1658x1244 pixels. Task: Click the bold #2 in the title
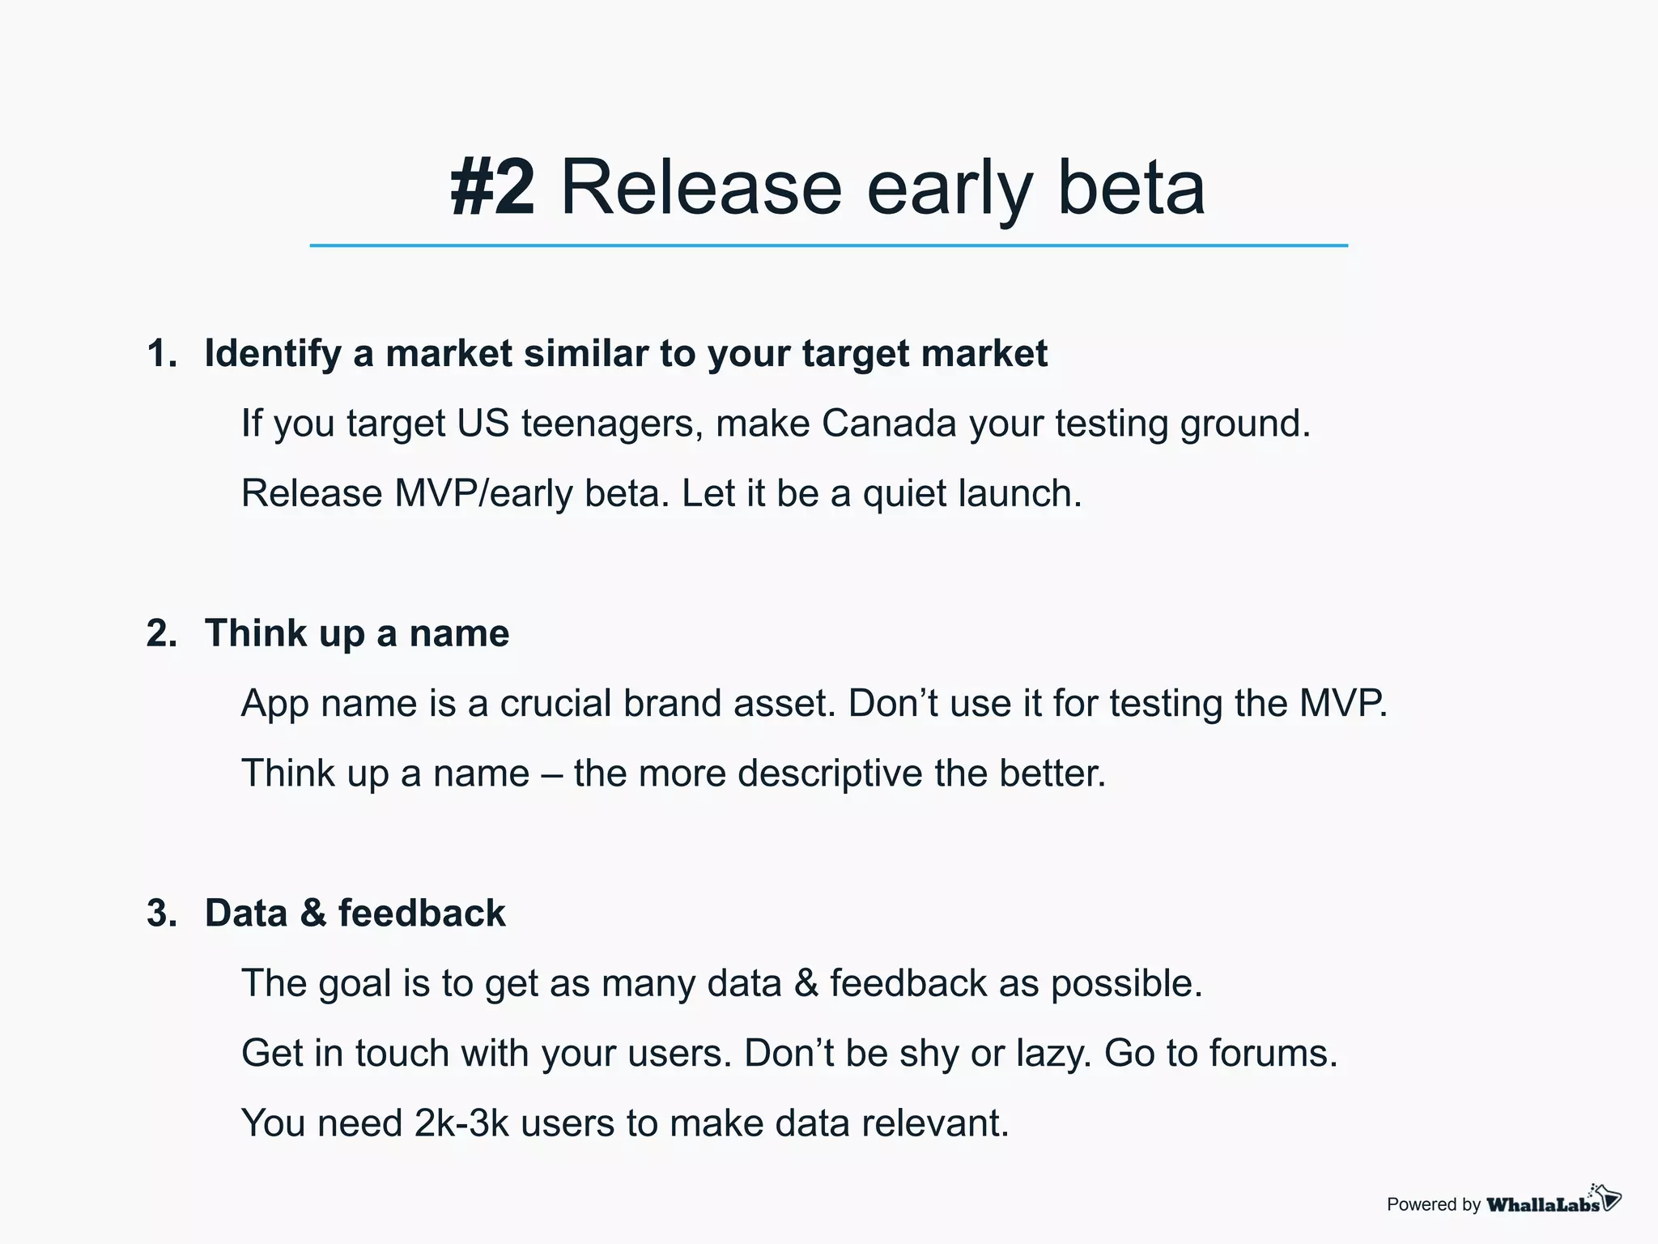[492, 188]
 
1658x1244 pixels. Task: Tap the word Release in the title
[701, 188]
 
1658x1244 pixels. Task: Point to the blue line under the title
[828, 245]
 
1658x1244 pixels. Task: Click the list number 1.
[161, 354]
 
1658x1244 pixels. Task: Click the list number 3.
[161, 914]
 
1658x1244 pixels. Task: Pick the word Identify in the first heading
[272, 354]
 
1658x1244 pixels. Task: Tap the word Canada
[889, 423]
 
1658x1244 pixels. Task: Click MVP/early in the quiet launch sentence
[483, 493]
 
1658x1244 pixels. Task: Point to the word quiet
[903, 493]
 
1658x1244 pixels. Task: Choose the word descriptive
[830, 773]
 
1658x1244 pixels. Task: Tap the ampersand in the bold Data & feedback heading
[312, 914]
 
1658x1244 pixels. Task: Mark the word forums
[1273, 1054]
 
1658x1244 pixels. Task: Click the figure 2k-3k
[461, 1123]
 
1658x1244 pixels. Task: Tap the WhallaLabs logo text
[1543, 1204]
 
